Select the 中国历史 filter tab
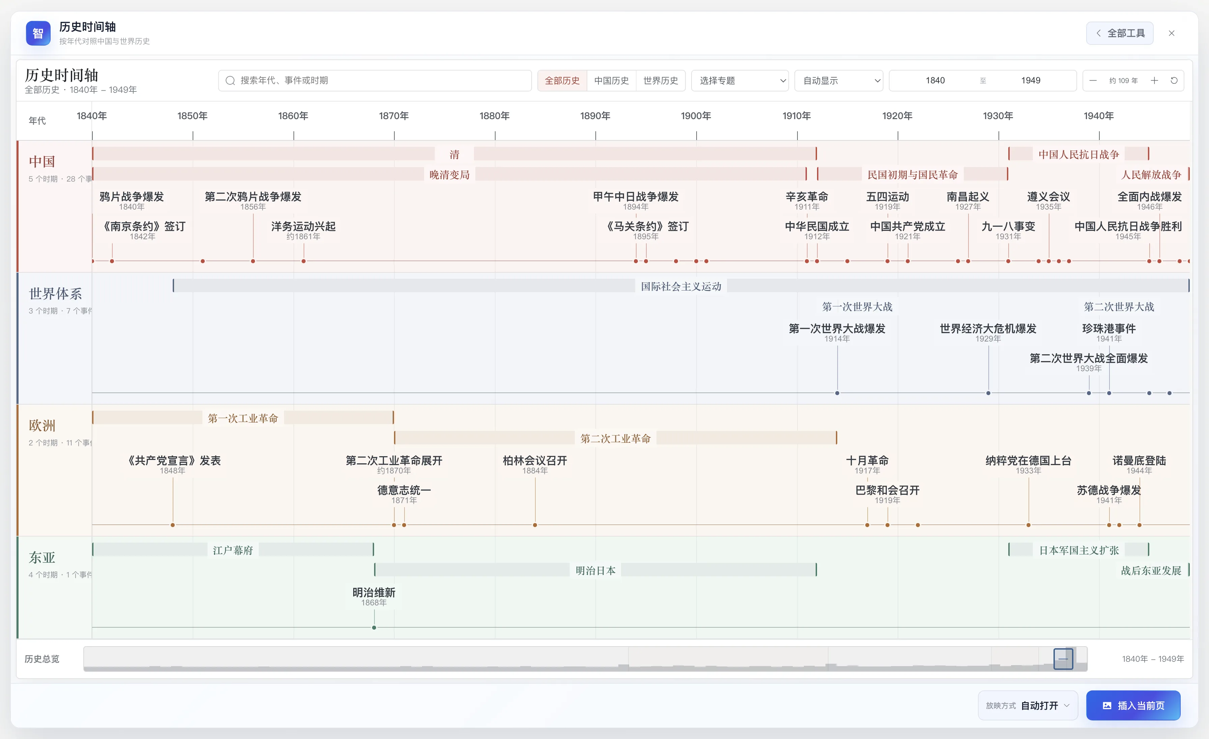point(611,80)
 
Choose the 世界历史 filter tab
point(660,80)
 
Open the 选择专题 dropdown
point(740,80)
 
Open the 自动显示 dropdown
point(839,80)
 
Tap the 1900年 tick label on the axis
point(696,116)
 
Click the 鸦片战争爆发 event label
point(132,197)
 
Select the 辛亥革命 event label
point(807,197)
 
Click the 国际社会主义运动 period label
point(681,286)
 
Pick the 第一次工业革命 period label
point(243,418)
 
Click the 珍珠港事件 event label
point(1109,329)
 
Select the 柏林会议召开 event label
point(535,461)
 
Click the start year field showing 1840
point(935,80)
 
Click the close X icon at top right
point(1172,33)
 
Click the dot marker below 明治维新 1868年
point(374,628)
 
